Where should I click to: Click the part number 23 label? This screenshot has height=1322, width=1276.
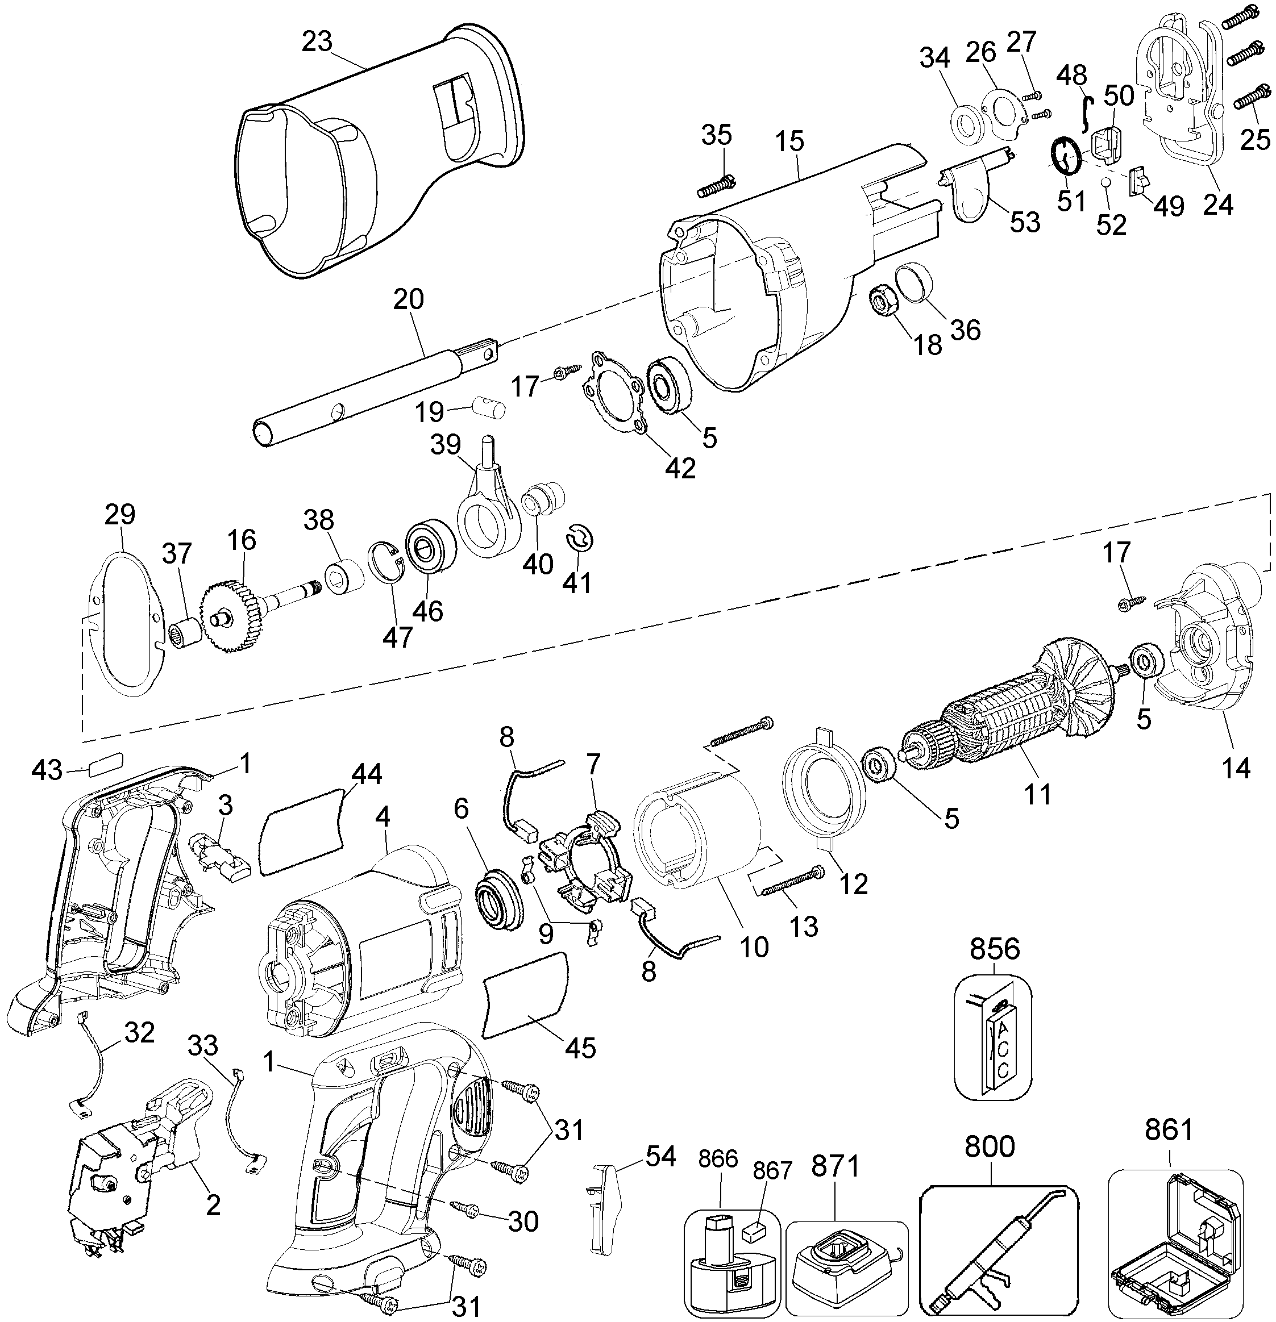[x=317, y=43]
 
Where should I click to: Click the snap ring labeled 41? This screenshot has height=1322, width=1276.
[x=580, y=537]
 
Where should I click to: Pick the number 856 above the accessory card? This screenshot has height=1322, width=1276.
[x=995, y=949]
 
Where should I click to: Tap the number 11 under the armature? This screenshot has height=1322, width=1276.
[x=1037, y=795]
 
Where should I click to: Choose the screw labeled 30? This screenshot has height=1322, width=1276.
[x=465, y=1211]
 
